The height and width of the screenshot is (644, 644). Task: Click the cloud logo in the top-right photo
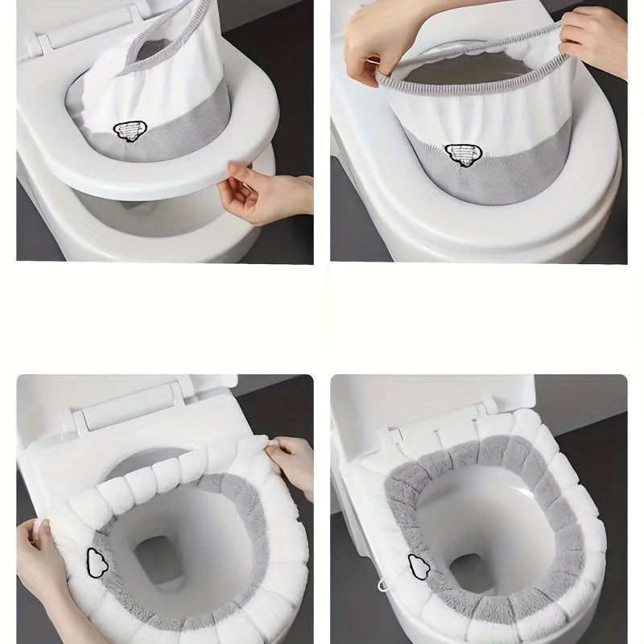[x=461, y=153]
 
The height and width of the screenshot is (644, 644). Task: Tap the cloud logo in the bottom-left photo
[x=96, y=563]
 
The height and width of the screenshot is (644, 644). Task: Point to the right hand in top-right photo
[x=596, y=40]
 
